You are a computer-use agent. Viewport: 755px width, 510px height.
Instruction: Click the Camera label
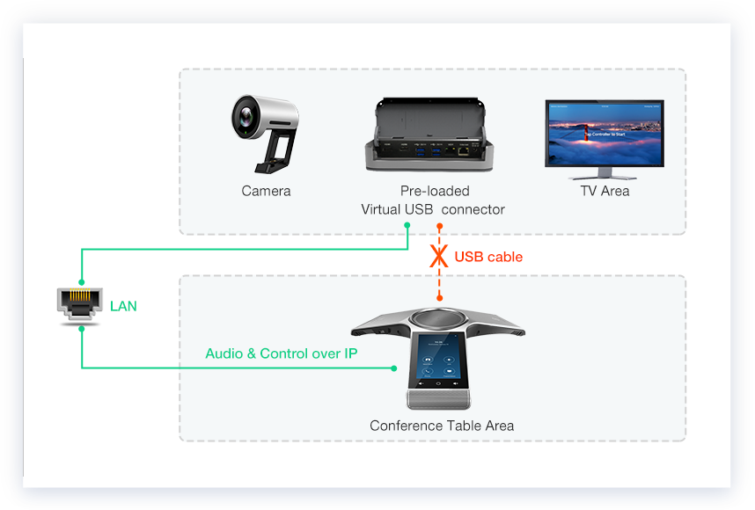266,191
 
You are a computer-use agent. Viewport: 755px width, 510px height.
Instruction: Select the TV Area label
605,191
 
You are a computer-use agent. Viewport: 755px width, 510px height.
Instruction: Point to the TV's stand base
604,173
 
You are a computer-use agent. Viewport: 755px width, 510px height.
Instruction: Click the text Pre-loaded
435,191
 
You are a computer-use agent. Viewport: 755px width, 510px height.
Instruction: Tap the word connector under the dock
473,209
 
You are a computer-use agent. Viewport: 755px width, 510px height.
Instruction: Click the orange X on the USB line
438,257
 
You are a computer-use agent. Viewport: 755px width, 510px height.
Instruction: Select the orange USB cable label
488,257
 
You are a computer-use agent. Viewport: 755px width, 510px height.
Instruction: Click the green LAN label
123,306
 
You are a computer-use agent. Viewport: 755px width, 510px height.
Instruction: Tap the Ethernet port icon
80,303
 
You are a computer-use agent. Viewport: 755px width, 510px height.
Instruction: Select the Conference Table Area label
442,426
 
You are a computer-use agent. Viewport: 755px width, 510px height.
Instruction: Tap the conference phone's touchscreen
440,361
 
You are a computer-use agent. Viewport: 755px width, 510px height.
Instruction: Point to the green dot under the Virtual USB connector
407,226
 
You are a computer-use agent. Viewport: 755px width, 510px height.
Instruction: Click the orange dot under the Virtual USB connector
439,226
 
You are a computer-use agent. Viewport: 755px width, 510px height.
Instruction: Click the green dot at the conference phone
395,368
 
